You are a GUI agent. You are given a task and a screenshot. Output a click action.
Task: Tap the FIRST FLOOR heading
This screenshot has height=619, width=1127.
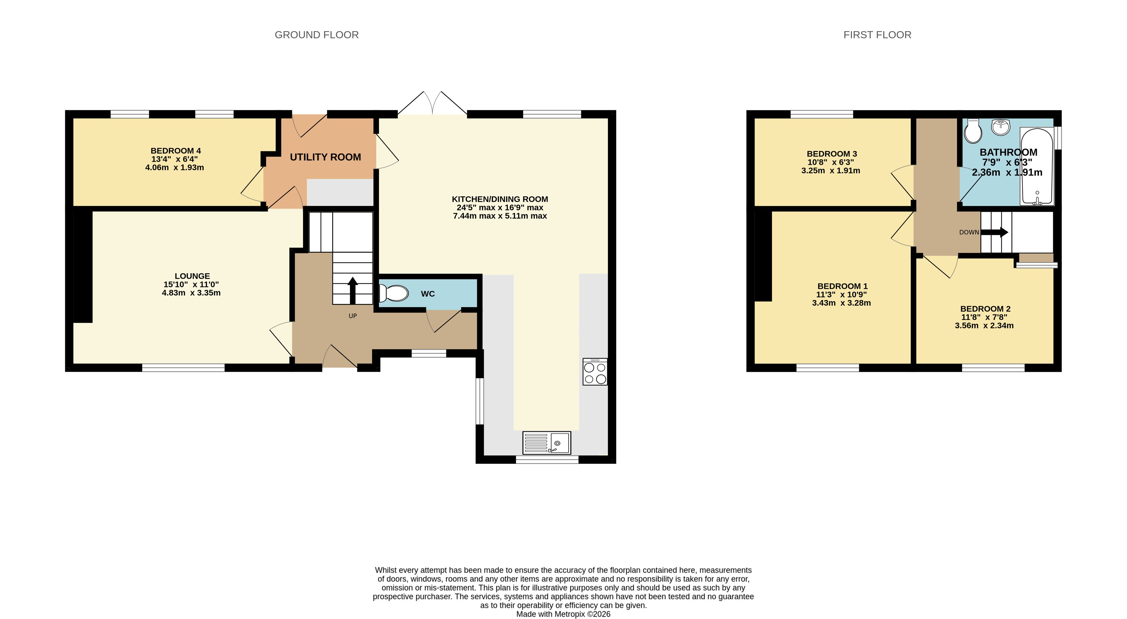pos(877,35)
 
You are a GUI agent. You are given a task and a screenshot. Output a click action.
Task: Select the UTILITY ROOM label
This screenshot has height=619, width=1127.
pos(326,157)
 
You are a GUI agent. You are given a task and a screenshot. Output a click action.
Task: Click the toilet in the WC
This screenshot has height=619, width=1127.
pos(393,293)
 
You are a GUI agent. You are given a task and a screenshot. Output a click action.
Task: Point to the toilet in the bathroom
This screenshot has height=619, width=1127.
pos(972,131)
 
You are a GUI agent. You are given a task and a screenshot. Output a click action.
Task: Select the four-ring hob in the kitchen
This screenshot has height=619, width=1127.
pos(595,372)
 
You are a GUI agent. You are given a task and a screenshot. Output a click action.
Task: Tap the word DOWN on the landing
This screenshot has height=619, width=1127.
pos(969,232)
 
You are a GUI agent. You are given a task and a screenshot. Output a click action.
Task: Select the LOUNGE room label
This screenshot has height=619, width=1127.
pos(192,276)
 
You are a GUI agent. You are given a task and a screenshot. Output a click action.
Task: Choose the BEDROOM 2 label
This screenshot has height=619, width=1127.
pos(985,309)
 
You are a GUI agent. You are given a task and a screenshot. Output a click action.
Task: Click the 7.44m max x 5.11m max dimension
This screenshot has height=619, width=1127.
pos(500,216)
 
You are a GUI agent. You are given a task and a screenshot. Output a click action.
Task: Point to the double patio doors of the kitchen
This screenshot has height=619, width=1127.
pos(432,104)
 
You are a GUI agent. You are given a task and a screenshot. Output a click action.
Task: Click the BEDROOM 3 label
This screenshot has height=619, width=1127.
pos(832,154)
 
